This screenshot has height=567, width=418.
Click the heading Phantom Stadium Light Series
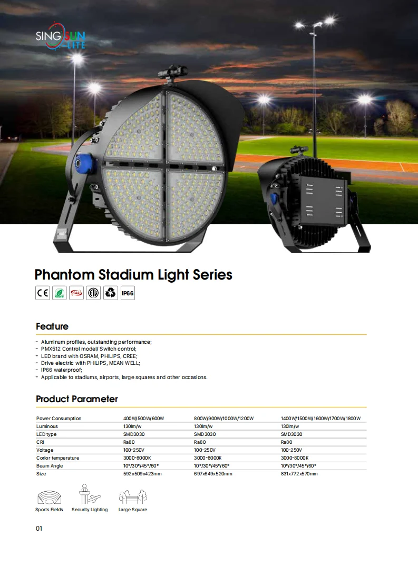pos(133,275)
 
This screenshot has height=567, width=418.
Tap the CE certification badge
pos(43,293)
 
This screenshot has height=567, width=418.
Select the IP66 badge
pos(128,293)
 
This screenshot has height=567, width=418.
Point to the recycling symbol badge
pos(110,293)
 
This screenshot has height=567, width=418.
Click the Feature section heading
pos(52,326)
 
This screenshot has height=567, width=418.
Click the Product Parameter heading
pos(77,399)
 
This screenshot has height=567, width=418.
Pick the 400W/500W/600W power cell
pos(144,419)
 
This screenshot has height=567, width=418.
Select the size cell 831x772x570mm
pos(299,474)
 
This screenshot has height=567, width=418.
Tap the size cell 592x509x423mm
pos(142,474)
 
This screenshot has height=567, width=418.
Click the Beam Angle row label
pos(50,466)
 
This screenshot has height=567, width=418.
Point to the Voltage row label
pos(45,450)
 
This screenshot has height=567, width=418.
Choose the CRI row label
pos(41,442)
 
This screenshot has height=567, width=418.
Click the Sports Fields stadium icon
pos(49,498)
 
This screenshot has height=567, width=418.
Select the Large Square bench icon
pos(133,497)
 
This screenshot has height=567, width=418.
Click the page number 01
pos(39,529)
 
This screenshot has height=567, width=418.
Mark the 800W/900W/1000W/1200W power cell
pos(223,419)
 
